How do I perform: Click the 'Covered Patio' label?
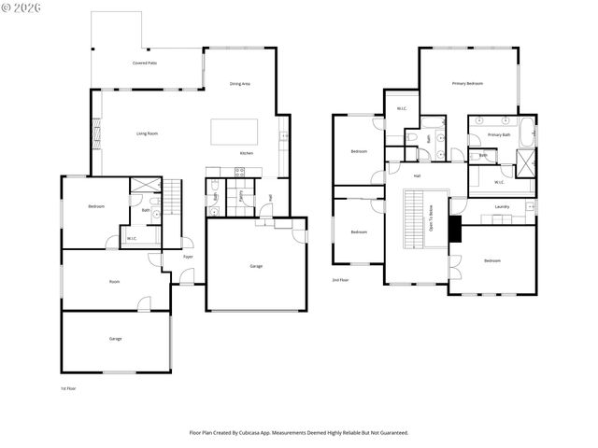pyautogui.click(x=144, y=63)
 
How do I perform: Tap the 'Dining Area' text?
pyautogui.click(x=240, y=84)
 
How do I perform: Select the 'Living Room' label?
pyautogui.click(x=147, y=133)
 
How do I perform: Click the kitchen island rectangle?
pyautogui.click(x=231, y=132)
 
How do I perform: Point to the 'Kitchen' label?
pyautogui.click(x=247, y=153)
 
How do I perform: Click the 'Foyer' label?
pyautogui.click(x=188, y=257)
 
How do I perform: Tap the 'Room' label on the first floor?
pyautogui.click(x=114, y=281)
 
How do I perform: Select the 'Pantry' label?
pyautogui.click(x=241, y=197)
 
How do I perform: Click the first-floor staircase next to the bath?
pyautogui.click(x=172, y=197)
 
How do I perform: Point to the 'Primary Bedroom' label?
pyautogui.click(x=467, y=84)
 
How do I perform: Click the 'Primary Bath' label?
pyautogui.click(x=499, y=135)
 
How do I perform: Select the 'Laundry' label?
pyautogui.click(x=502, y=206)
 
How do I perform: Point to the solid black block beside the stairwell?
pyautogui.click(x=455, y=230)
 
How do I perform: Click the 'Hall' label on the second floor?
pyautogui.click(x=417, y=175)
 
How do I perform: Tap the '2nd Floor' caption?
pyautogui.click(x=340, y=280)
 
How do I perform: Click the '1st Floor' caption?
pyautogui.click(x=69, y=388)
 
